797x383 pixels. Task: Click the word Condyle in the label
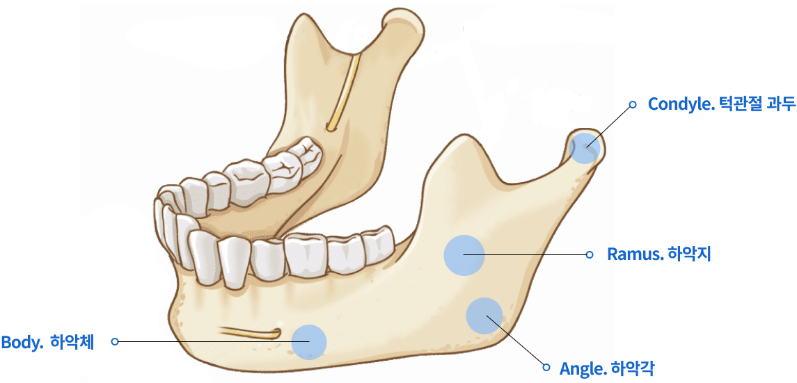pyautogui.click(x=681, y=104)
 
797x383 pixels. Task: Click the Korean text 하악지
pyautogui.click(x=689, y=254)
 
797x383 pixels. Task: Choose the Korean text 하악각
pyautogui.click(x=632, y=367)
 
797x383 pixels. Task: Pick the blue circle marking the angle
pyautogui.click(x=484, y=316)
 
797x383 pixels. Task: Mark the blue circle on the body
pyautogui.click(x=309, y=342)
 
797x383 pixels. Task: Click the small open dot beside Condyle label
pyautogui.click(x=633, y=104)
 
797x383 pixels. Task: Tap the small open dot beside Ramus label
pyautogui.click(x=590, y=254)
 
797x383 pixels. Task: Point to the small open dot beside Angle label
pyautogui.click(x=547, y=367)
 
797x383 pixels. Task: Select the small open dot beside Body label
pyautogui.click(x=115, y=342)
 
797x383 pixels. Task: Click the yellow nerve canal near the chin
pyautogui.click(x=251, y=334)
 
